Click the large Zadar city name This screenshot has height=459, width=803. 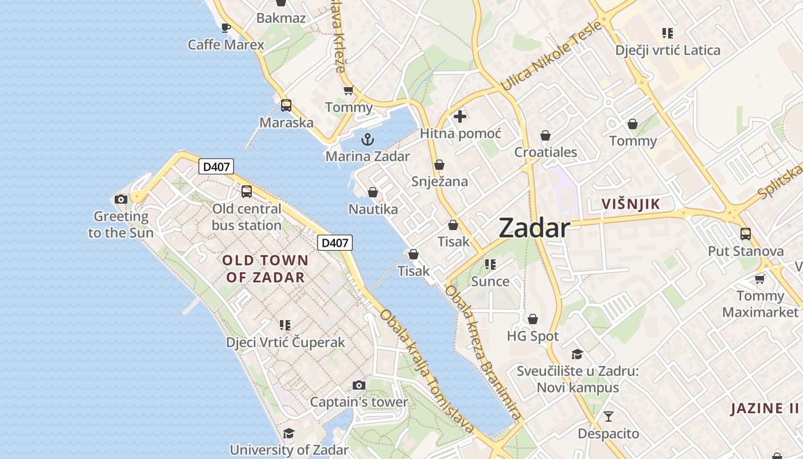[534, 228]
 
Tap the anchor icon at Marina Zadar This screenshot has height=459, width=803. [367, 139]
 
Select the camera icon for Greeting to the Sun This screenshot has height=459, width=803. [121, 199]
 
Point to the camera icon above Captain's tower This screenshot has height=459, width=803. [359, 385]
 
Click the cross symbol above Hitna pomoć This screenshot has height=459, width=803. [459, 116]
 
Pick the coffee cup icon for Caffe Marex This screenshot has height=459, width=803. [226, 28]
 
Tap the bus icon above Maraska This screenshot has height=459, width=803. [286, 106]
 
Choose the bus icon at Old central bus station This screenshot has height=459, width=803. [247, 192]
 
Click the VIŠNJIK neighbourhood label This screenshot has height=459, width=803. [630, 204]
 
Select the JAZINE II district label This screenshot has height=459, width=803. [765, 409]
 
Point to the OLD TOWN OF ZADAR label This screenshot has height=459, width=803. [266, 269]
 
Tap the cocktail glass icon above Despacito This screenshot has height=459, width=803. [608, 416]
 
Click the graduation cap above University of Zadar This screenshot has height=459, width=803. [289, 433]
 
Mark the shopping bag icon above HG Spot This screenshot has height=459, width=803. [533, 319]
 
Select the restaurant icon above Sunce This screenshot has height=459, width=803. [490, 264]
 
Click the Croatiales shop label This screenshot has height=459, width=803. [545, 153]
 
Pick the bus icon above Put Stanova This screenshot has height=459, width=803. [746, 234]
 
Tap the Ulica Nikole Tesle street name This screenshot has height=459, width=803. [551, 56]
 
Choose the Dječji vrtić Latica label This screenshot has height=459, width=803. [668, 50]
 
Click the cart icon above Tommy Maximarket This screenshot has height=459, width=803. [760, 279]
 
